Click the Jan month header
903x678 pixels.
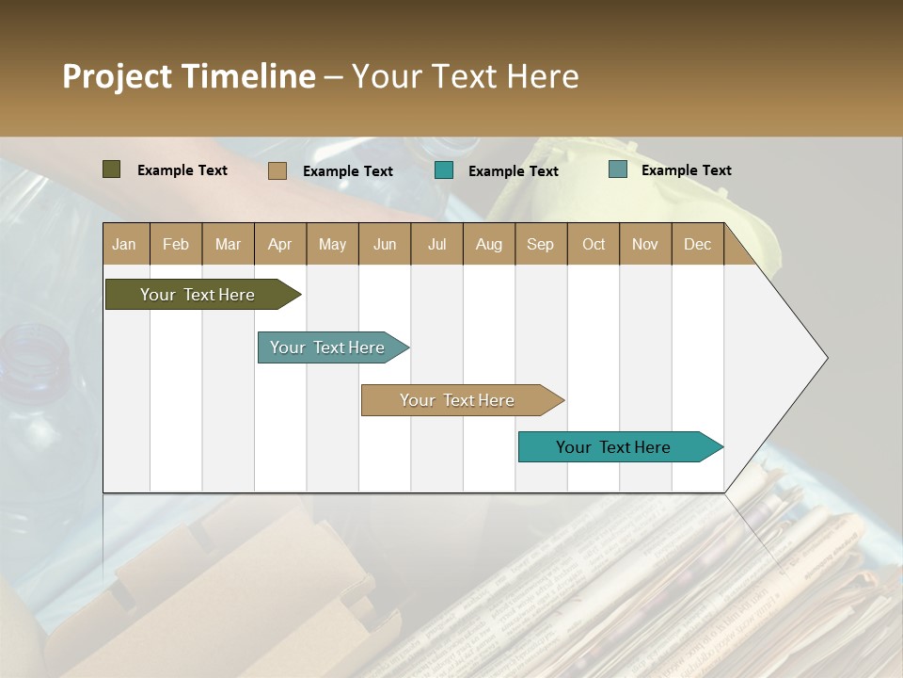tap(124, 245)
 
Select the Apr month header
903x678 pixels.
tap(279, 245)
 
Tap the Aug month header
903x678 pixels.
tap(488, 245)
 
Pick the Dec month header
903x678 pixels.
tap(697, 245)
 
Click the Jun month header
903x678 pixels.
tap(384, 245)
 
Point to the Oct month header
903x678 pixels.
tap(593, 245)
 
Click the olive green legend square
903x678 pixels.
tap(111, 169)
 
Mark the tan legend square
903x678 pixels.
tap(277, 170)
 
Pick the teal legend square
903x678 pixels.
tap(444, 169)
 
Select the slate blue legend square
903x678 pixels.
tap(617, 169)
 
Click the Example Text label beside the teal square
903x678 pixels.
tap(513, 171)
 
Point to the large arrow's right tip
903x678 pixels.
tap(826, 358)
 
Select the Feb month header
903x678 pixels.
tap(176, 245)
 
